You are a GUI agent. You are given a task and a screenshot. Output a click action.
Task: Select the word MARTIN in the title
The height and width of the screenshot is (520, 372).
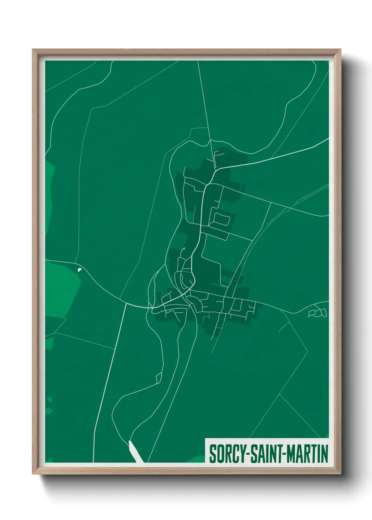tap(308, 454)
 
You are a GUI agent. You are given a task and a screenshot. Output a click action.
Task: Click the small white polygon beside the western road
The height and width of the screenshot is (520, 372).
tap(79, 269)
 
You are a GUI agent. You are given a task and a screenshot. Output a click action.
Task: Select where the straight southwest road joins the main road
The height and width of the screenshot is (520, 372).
tap(126, 304)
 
